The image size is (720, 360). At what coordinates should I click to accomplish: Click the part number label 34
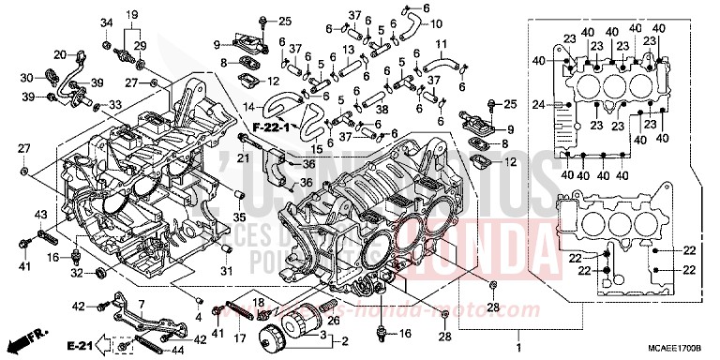(x=106, y=22)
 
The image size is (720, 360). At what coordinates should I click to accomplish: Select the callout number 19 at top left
(x=132, y=14)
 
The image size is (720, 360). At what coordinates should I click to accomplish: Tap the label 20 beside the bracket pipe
(x=59, y=54)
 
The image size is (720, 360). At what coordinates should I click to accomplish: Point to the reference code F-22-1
(x=269, y=125)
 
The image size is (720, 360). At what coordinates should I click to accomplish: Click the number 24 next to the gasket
(x=538, y=103)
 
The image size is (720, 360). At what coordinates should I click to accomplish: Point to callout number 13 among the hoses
(x=348, y=49)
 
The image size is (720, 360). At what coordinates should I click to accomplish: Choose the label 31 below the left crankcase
(x=225, y=271)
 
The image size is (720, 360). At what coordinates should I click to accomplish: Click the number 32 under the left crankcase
(x=76, y=274)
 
